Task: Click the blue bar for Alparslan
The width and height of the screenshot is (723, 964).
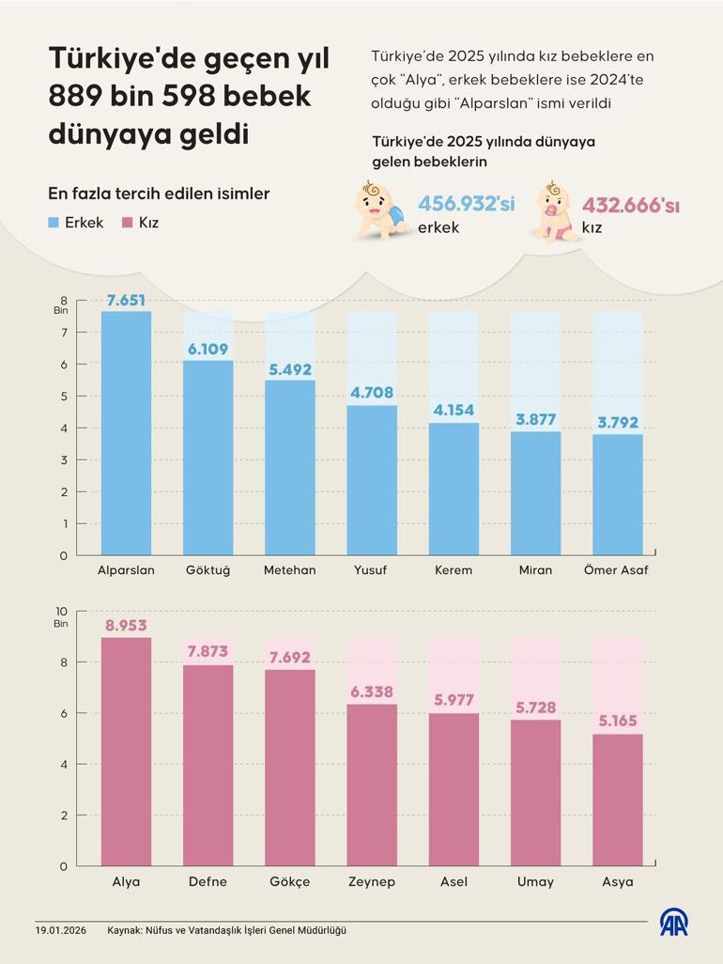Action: (x=126, y=432)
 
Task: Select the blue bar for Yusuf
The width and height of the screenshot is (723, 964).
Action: (x=372, y=479)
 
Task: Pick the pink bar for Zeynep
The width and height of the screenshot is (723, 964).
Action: (x=372, y=785)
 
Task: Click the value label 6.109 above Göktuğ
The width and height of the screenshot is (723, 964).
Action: (x=208, y=349)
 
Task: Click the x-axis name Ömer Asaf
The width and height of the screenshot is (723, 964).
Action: (x=616, y=570)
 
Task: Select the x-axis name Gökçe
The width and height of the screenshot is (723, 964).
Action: (x=289, y=881)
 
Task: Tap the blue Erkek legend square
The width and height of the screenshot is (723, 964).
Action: (x=54, y=224)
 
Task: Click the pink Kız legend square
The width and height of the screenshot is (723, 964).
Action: (x=126, y=224)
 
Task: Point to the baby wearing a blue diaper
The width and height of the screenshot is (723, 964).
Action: (x=381, y=209)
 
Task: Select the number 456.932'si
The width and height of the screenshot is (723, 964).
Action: (x=466, y=204)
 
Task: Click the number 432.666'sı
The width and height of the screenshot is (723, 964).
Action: (x=630, y=206)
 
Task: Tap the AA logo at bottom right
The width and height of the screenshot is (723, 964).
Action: (x=672, y=923)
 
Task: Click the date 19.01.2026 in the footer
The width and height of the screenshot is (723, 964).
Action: (x=61, y=930)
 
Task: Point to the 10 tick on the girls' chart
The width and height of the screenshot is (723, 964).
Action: (x=61, y=611)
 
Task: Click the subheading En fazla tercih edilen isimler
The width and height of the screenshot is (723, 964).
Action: (x=159, y=194)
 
